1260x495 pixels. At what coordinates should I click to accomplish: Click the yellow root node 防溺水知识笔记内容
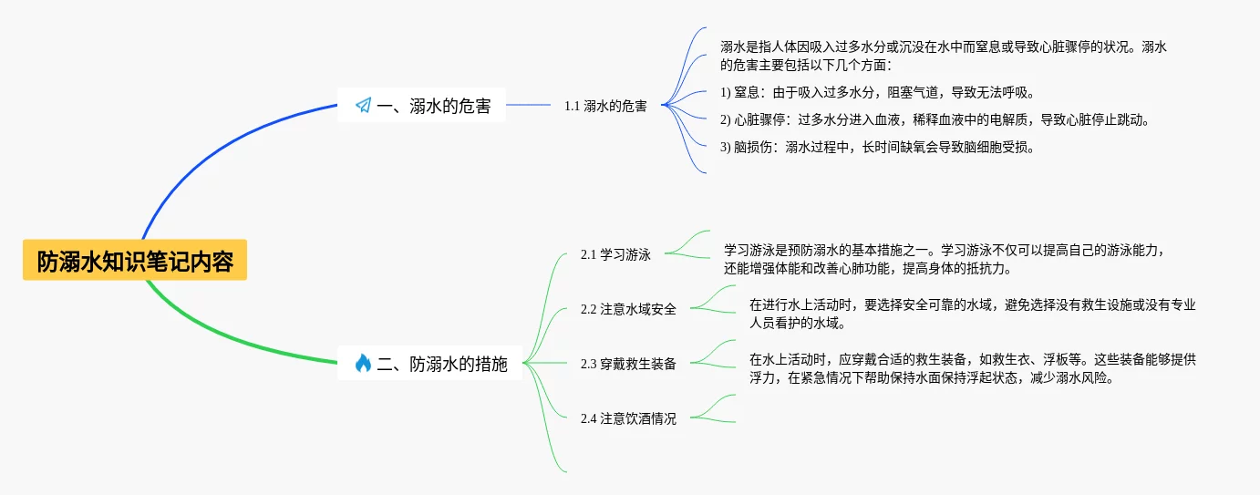[x=135, y=262]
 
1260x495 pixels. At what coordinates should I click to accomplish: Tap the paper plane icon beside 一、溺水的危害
[x=363, y=106]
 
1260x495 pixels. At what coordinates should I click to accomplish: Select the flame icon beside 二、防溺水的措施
[x=363, y=364]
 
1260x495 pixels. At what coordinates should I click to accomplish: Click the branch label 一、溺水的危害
[x=433, y=106]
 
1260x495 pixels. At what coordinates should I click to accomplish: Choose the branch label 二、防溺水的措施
[x=442, y=364]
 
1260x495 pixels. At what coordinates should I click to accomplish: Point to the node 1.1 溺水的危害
[x=605, y=106]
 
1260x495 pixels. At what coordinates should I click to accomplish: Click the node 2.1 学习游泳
[x=615, y=254]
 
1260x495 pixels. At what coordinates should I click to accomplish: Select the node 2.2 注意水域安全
[x=628, y=309]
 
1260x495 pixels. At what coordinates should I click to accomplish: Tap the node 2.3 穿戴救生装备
[x=628, y=364]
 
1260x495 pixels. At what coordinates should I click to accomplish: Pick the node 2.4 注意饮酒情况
[x=628, y=418]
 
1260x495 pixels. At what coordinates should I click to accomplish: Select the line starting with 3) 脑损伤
[x=877, y=147]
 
